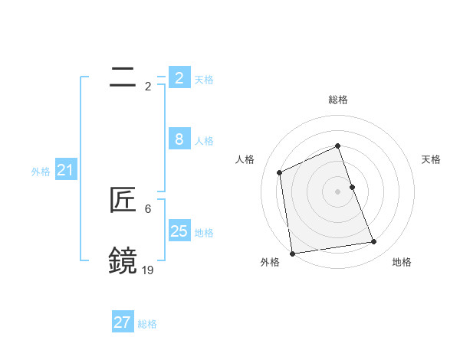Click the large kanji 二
tap(123, 77)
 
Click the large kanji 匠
tap(123, 200)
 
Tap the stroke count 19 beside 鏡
tap(147, 270)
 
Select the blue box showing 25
tap(179, 231)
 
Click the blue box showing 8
tap(179, 139)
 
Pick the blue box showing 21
tap(65, 170)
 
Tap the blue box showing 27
tap(122, 322)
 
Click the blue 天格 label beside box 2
tap(204, 79)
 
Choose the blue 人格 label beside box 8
tap(204, 141)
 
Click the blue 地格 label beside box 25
tap(204, 233)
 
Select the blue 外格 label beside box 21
tap(41, 172)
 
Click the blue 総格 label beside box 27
tap(147, 324)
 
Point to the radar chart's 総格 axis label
tap(338, 100)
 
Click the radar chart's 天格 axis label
tap(432, 159)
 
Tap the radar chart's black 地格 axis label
tap(402, 262)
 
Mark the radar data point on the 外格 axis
tap(292, 254)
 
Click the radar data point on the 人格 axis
tap(280, 172)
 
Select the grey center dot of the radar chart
tap(338, 191)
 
